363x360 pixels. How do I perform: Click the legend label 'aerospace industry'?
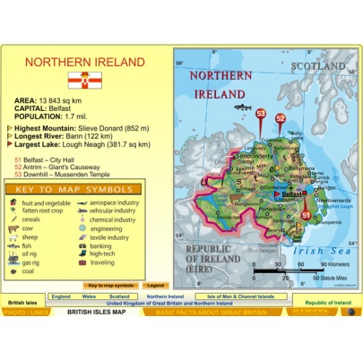(113, 203)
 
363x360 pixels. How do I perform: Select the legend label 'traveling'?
(101, 262)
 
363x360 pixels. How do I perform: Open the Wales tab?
(89, 296)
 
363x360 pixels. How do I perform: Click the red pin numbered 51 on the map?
(306, 216)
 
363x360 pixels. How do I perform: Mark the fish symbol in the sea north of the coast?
(242, 107)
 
